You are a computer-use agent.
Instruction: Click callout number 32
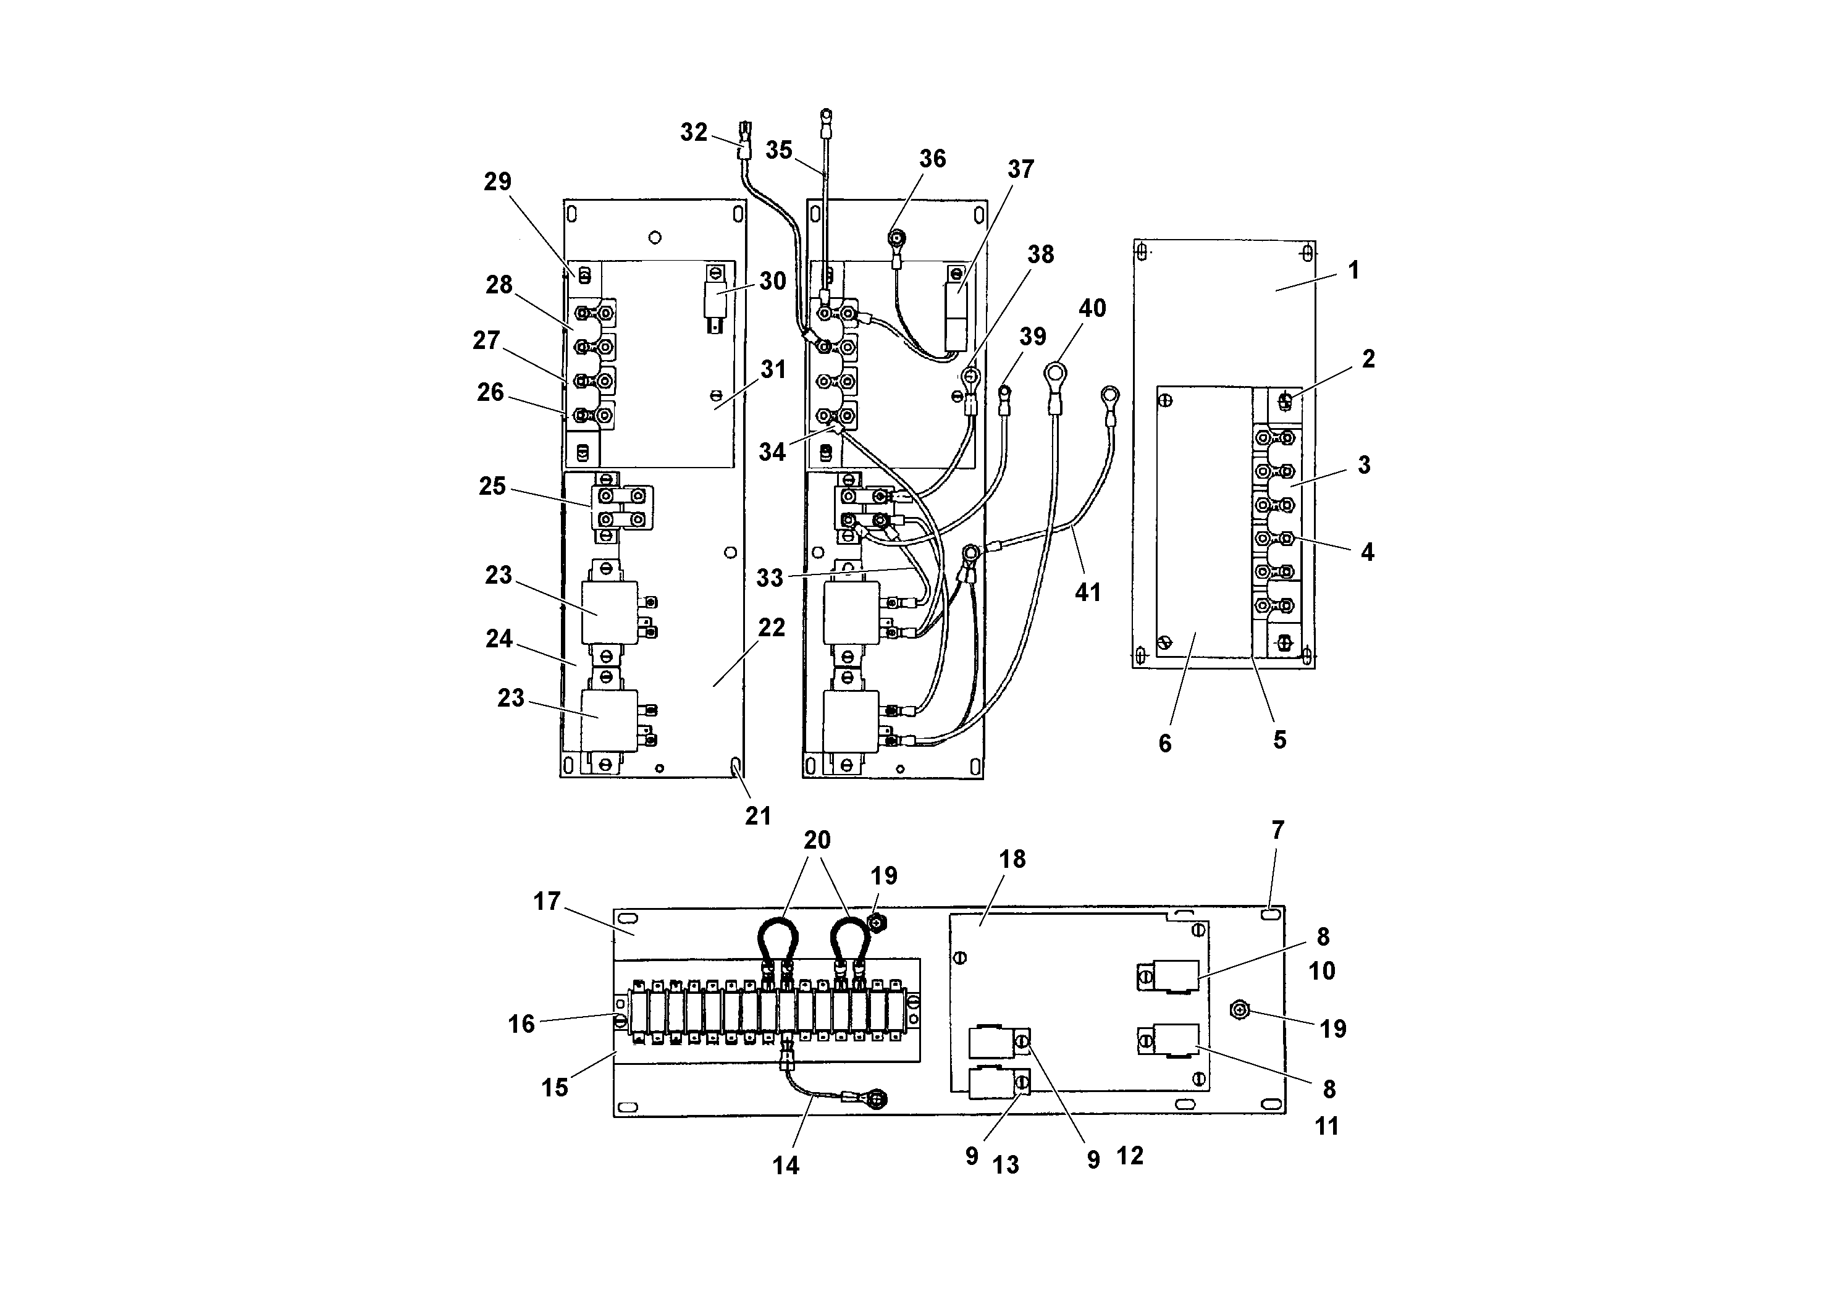point(694,132)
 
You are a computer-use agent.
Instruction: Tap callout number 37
point(1020,169)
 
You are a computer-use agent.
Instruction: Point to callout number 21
point(758,816)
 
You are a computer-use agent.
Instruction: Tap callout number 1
point(1353,271)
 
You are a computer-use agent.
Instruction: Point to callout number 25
point(492,486)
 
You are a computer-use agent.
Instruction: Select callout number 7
point(1277,831)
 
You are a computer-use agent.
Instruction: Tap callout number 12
point(1129,1156)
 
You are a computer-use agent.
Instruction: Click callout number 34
point(772,452)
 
